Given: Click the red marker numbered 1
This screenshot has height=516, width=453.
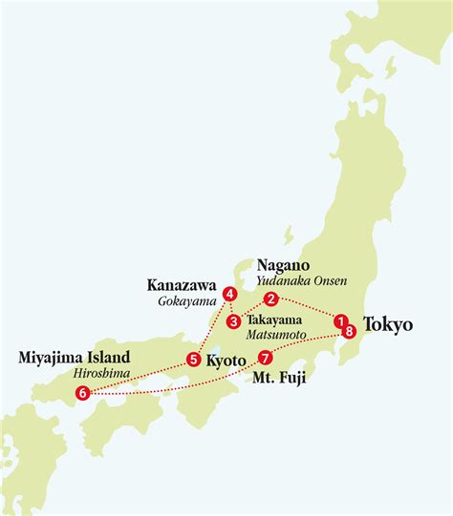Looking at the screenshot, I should point(340,322).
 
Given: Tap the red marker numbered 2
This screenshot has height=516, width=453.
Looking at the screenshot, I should point(271,298).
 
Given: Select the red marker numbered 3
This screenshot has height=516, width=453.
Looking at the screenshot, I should point(233,320).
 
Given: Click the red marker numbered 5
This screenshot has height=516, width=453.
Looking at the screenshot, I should point(193,360).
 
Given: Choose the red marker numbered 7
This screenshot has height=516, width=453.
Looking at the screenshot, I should point(265,359).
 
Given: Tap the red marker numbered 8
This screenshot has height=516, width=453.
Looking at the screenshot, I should point(350,331).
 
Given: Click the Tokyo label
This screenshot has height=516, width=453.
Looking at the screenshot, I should point(388,325).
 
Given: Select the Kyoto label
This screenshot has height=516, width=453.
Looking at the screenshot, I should point(226,361).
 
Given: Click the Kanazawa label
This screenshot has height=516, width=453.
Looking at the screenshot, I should point(182,284).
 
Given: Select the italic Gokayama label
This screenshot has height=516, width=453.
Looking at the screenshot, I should point(187,300).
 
